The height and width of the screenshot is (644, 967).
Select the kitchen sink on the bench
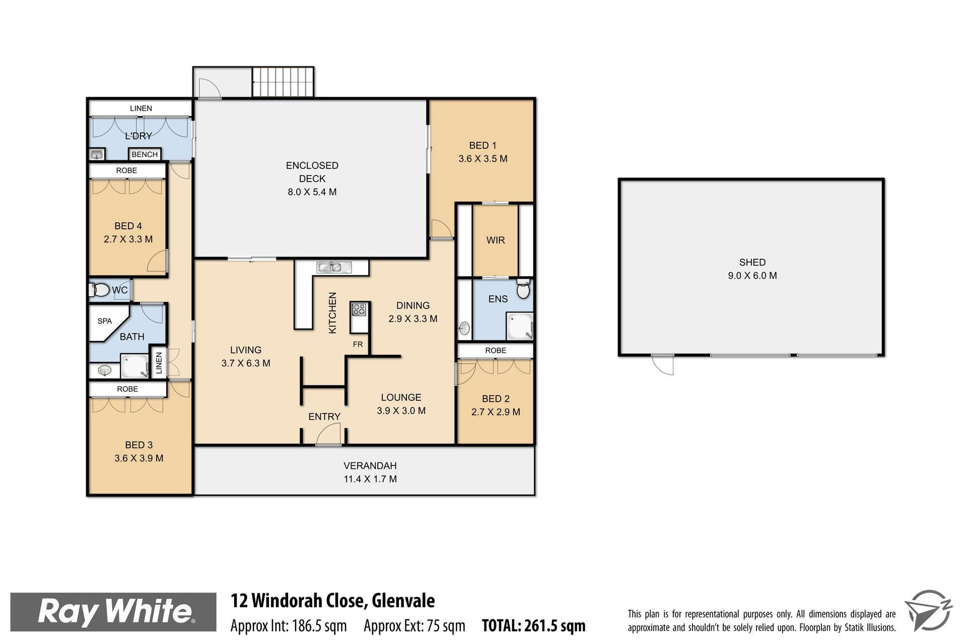(334, 267)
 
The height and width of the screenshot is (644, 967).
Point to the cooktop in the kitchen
(359, 309)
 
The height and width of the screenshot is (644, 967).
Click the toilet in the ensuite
(524, 289)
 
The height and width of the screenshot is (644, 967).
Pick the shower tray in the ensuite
(519, 326)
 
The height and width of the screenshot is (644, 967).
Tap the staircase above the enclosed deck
(283, 82)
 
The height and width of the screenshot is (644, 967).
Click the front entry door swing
(328, 434)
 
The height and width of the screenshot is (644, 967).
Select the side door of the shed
(662, 364)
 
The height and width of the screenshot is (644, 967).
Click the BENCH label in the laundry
(145, 154)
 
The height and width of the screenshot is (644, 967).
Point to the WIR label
(496, 240)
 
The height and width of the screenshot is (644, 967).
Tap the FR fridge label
(358, 345)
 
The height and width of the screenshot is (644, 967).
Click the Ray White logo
(114, 612)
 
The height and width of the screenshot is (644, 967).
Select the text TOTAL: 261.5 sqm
(534, 626)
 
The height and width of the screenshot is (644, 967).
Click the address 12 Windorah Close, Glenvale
(333, 601)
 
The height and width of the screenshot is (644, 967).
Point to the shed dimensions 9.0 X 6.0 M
(752, 276)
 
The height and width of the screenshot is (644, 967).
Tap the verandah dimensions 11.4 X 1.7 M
(370, 479)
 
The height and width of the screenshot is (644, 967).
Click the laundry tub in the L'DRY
(97, 154)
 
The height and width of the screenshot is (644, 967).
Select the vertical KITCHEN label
(332, 312)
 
